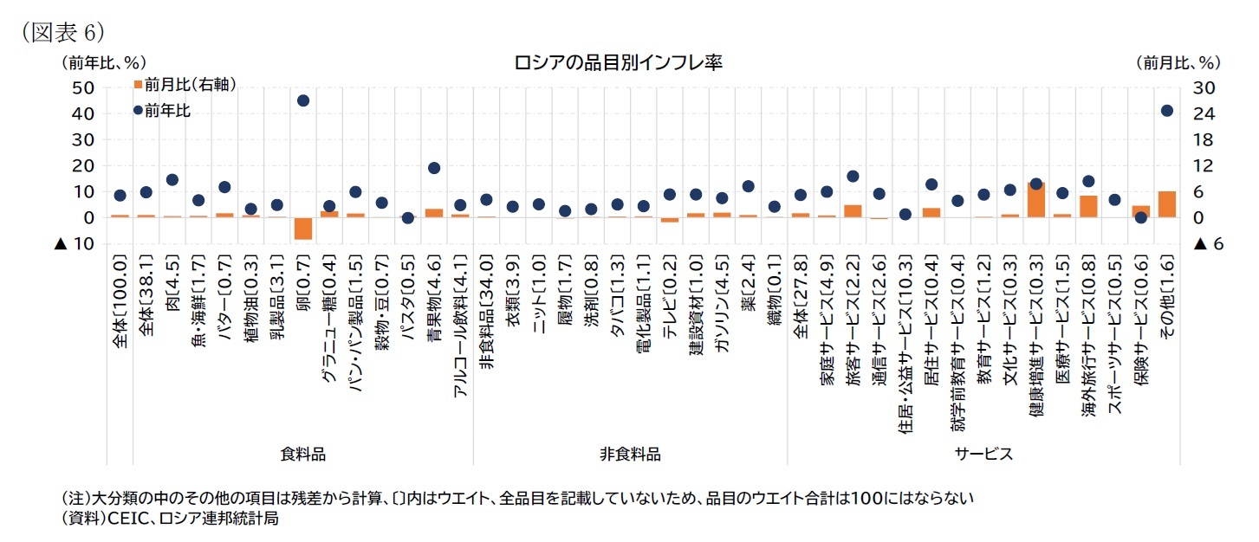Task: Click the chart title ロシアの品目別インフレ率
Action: click(x=618, y=62)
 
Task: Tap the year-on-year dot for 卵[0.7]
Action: click(x=303, y=100)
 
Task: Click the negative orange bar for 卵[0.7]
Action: click(x=303, y=228)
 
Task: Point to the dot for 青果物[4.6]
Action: click(x=434, y=168)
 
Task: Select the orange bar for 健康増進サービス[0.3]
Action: click(x=1035, y=200)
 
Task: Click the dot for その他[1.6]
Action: click(x=1166, y=111)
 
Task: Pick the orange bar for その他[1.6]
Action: click(x=1166, y=204)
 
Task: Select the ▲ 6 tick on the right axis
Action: click(x=1207, y=244)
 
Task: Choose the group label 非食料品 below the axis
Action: click(x=630, y=454)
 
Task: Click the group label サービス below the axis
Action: click(x=984, y=454)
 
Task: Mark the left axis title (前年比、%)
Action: click(x=102, y=62)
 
